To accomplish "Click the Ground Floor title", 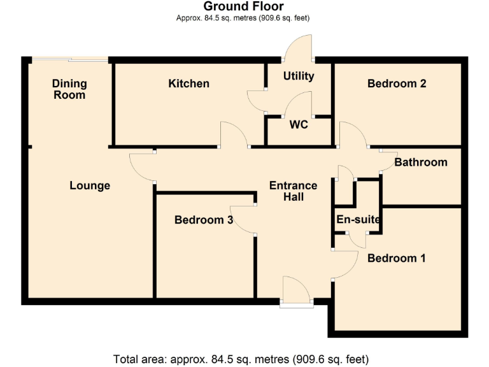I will click(x=243, y=6).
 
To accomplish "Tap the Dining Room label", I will click(x=69, y=89).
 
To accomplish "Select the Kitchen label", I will click(x=188, y=83).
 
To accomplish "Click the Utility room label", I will click(x=299, y=76).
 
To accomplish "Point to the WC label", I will click(x=299, y=124).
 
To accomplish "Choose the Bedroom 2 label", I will click(x=397, y=83).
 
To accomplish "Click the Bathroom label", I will click(x=420, y=162).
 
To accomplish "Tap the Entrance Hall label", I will click(x=293, y=191).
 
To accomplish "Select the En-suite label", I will click(x=358, y=220).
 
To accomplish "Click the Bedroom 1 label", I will click(x=397, y=258).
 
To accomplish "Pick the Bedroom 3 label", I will click(x=204, y=220).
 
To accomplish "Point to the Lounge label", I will click(x=90, y=185).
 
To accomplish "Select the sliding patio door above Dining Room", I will click(x=70, y=60).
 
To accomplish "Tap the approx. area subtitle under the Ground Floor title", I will click(x=243, y=18).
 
